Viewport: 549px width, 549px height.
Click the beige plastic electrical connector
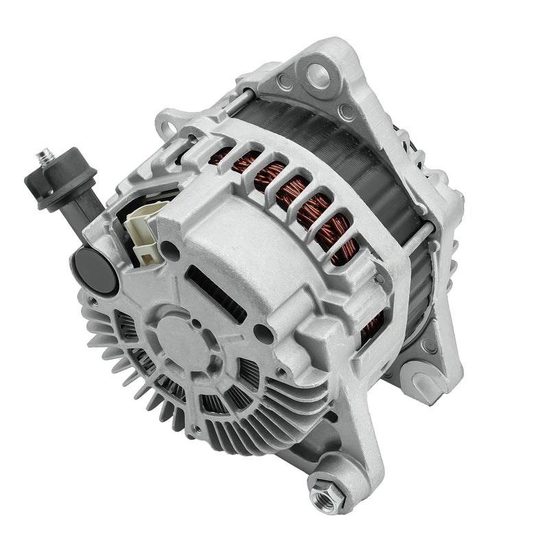click(x=147, y=232)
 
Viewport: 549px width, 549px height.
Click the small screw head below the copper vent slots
click(x=379, y=278)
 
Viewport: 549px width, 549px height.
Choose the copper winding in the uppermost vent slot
click(x=226, y=158)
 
